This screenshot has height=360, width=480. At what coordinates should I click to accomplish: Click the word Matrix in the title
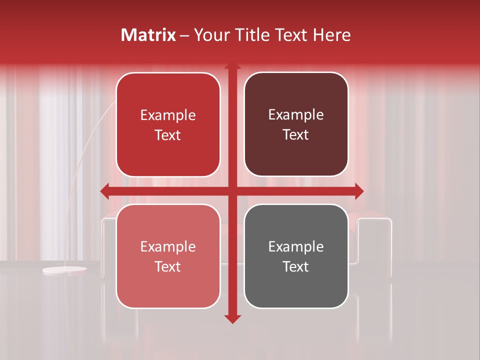148,35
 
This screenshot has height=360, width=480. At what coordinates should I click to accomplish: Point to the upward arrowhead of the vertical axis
232,67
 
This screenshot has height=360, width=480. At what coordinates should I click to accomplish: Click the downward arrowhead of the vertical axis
232,318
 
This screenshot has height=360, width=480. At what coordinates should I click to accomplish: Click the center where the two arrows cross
232,191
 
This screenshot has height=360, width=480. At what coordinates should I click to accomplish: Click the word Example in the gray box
296,246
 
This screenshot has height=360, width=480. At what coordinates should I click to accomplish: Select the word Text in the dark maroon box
296,134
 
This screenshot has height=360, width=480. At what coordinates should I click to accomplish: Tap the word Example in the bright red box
168,115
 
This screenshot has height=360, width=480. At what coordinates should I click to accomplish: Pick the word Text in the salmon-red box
168,266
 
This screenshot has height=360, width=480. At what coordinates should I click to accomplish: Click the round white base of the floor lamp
64,270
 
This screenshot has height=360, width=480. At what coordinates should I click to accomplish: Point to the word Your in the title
210,35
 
